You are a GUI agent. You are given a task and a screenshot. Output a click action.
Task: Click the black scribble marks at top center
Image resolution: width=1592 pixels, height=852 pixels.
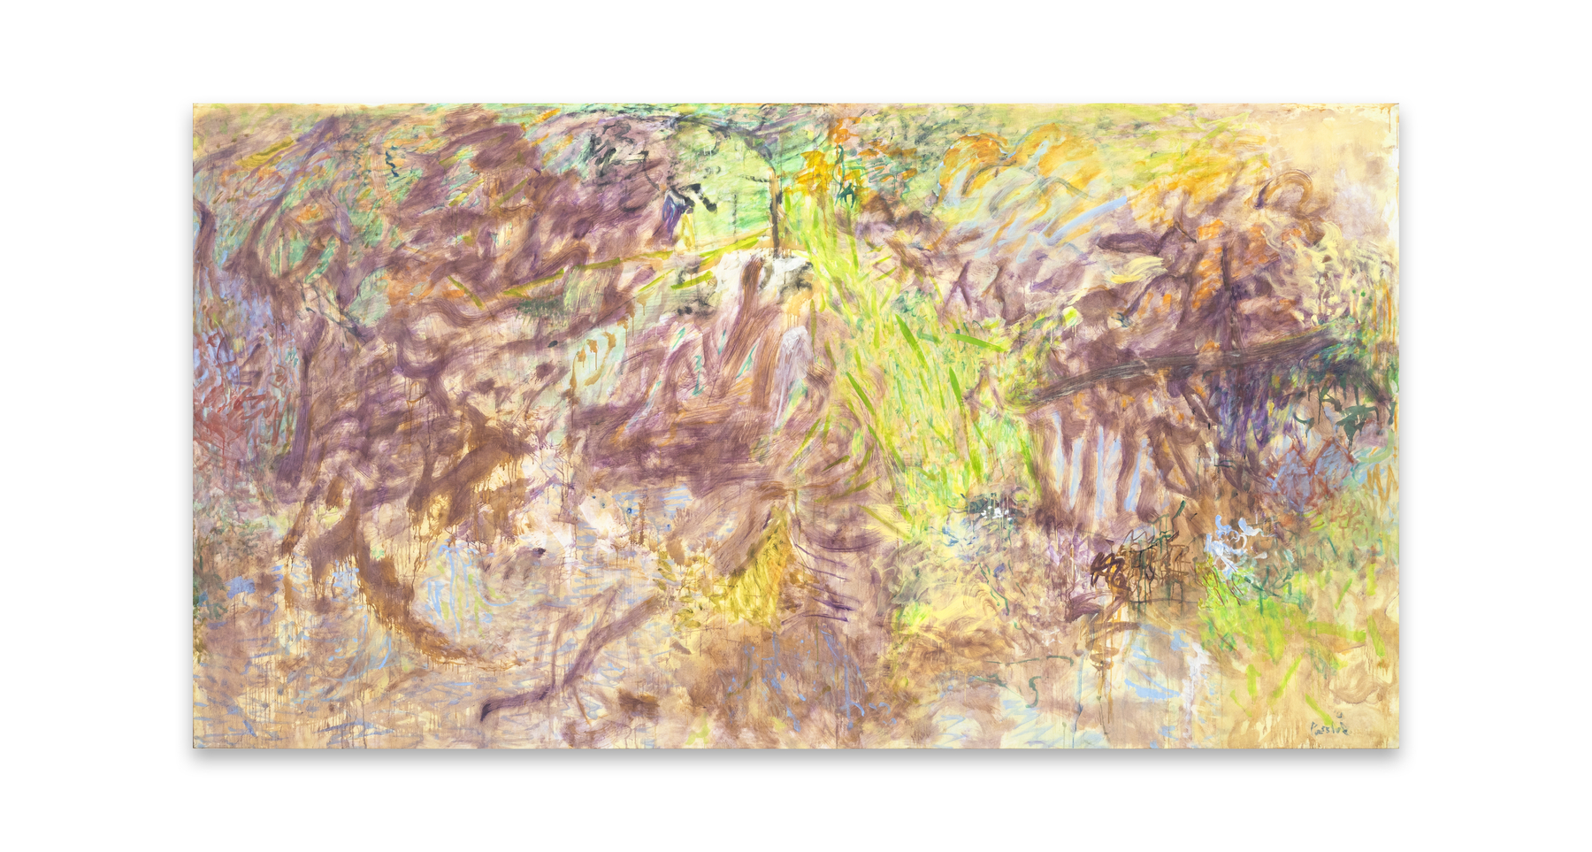619,159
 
